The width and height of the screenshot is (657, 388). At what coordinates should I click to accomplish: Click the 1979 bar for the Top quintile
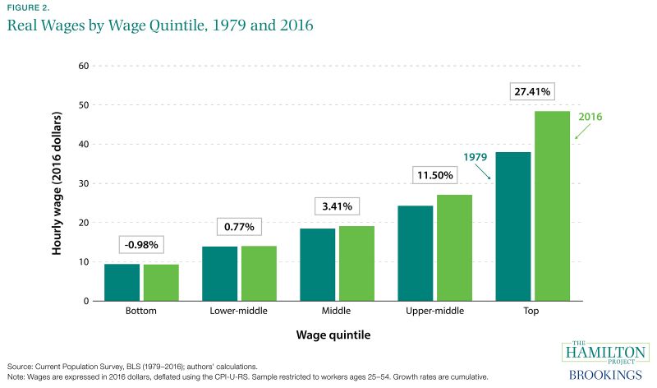[512, 226]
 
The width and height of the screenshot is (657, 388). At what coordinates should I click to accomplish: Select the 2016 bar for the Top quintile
[552, 206]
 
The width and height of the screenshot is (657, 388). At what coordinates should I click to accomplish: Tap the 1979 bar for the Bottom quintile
[122, 282]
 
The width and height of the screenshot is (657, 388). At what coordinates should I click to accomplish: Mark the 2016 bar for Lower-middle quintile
[259, 273]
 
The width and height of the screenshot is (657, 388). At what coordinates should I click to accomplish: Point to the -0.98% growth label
[141, 244]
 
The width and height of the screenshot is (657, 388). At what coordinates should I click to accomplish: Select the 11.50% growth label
[434, 175]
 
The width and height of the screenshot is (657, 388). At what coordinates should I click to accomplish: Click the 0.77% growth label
[239, 225]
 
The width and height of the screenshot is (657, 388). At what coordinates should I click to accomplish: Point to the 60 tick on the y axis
[83, 66]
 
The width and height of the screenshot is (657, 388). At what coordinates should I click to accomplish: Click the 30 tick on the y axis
[83, 183]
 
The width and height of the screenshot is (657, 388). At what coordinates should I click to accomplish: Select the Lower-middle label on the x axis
[239, 313]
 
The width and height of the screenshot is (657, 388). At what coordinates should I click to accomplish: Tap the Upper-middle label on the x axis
[434, 313]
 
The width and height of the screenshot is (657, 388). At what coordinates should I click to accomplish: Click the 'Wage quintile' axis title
[337, 335]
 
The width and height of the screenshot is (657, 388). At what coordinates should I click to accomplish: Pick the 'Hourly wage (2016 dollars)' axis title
[57, 182]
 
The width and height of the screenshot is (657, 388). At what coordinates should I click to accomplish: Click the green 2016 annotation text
[589, 117]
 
